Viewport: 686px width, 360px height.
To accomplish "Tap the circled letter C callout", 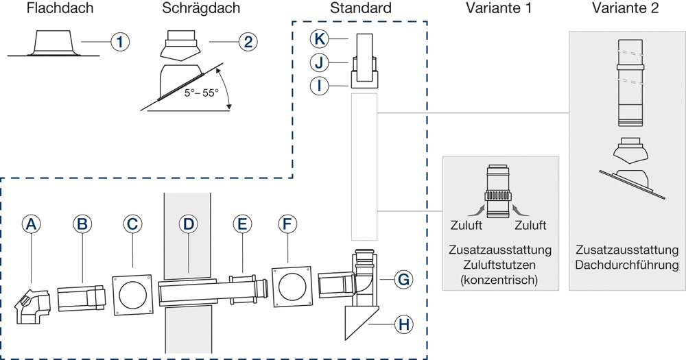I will click(x=132, y=223).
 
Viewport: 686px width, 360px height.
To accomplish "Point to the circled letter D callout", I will click(x=188, y=223).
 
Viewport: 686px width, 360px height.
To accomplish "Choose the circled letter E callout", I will click(x=241, y=223).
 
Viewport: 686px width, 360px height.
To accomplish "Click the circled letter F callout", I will click(x=288, y=223).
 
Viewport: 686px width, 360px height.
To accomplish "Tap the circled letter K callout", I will click(x=317, y=39).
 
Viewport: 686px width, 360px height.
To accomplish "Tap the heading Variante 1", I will click(x=499, y=9).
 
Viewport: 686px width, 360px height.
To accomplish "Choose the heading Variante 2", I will click(x=626, y=9).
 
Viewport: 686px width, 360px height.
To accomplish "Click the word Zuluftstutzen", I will click(x=499, y=265).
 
